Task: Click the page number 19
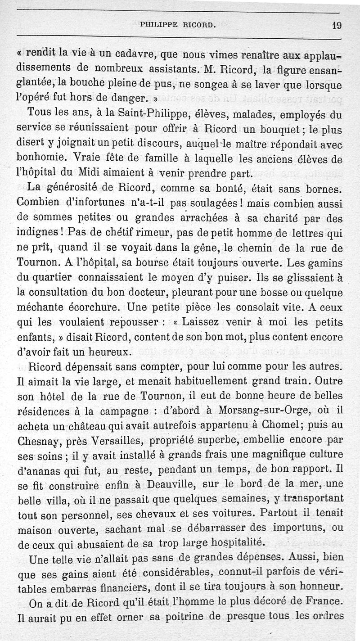(x=337, y=25)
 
